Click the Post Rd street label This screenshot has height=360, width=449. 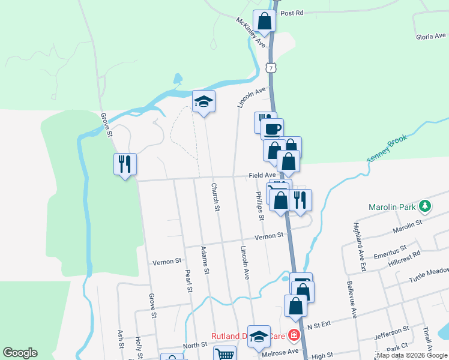[x=292, y=13]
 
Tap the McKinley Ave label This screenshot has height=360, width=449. [x=250, y=32]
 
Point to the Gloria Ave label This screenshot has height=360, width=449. [x=432, y=37]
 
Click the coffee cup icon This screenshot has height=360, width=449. [x=272, y=128]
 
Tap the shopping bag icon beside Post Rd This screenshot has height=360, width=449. [x=265, y=21]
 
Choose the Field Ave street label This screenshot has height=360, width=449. [x=262, y=175]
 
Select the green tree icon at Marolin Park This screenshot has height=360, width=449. [x=426, y=207]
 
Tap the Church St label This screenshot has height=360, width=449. [x=214, y=197]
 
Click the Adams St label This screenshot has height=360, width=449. [x=205, y=260]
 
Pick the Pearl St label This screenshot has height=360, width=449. [x=187, y=280]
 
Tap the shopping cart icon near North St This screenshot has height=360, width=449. [x=224, y=355]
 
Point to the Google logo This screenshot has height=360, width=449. [x=20, y=353]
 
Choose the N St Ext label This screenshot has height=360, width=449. [x=319, y=326]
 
